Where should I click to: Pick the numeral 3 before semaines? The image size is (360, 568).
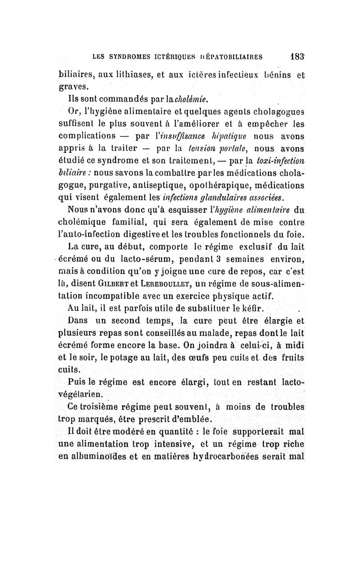tap(204, 259)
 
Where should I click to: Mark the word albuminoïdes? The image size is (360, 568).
tap(98, 456)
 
